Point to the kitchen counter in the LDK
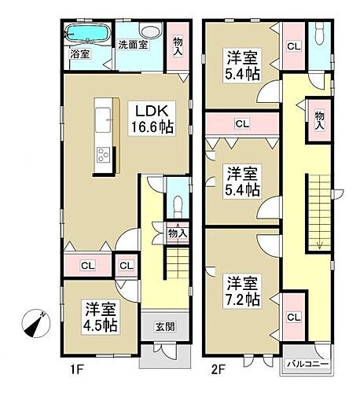(105, 138)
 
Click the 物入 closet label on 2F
(319, 119)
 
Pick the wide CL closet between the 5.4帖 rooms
(242, 123)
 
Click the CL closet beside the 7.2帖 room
(292, 317)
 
